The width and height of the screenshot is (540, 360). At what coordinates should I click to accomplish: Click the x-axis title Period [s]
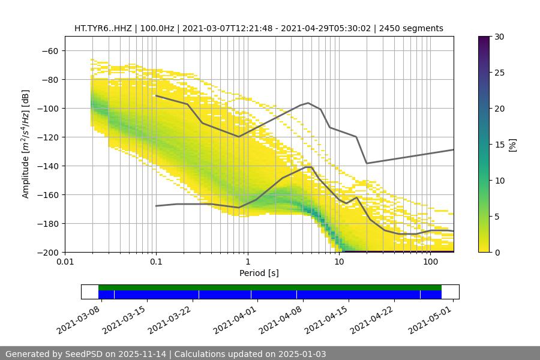pyautogui.click(x=259, y=273)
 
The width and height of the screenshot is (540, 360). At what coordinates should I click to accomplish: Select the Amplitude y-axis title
pyautogui.click(x=26, y=144)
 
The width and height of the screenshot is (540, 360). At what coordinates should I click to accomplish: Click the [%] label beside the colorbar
pyautogui.click(x=512, y=145)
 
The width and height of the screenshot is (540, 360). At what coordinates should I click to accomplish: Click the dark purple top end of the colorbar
pyautogui.click(x=484, y=39)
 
